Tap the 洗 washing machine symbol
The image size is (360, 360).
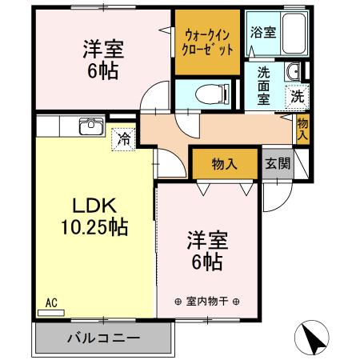point(297,94)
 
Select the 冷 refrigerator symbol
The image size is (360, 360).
point(124,137)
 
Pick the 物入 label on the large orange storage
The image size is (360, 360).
point(225,165)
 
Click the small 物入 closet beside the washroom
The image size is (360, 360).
point(302,128)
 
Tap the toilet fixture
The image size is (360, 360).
point(208,93)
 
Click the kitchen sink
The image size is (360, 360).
point(91,126)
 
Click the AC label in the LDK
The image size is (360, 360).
point(51,302)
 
